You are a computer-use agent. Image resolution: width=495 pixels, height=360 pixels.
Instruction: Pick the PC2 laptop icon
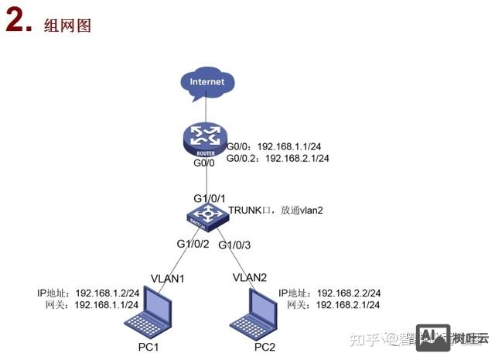point(256,313)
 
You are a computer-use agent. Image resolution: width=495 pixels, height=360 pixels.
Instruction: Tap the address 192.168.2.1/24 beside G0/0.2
point(298,158)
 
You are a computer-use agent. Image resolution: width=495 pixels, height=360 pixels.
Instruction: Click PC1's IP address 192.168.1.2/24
point(108,293)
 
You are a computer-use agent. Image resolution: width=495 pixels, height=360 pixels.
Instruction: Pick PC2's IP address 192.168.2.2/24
point(349,293)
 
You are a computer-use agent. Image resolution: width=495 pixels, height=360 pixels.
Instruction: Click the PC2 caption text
point(265,346)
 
